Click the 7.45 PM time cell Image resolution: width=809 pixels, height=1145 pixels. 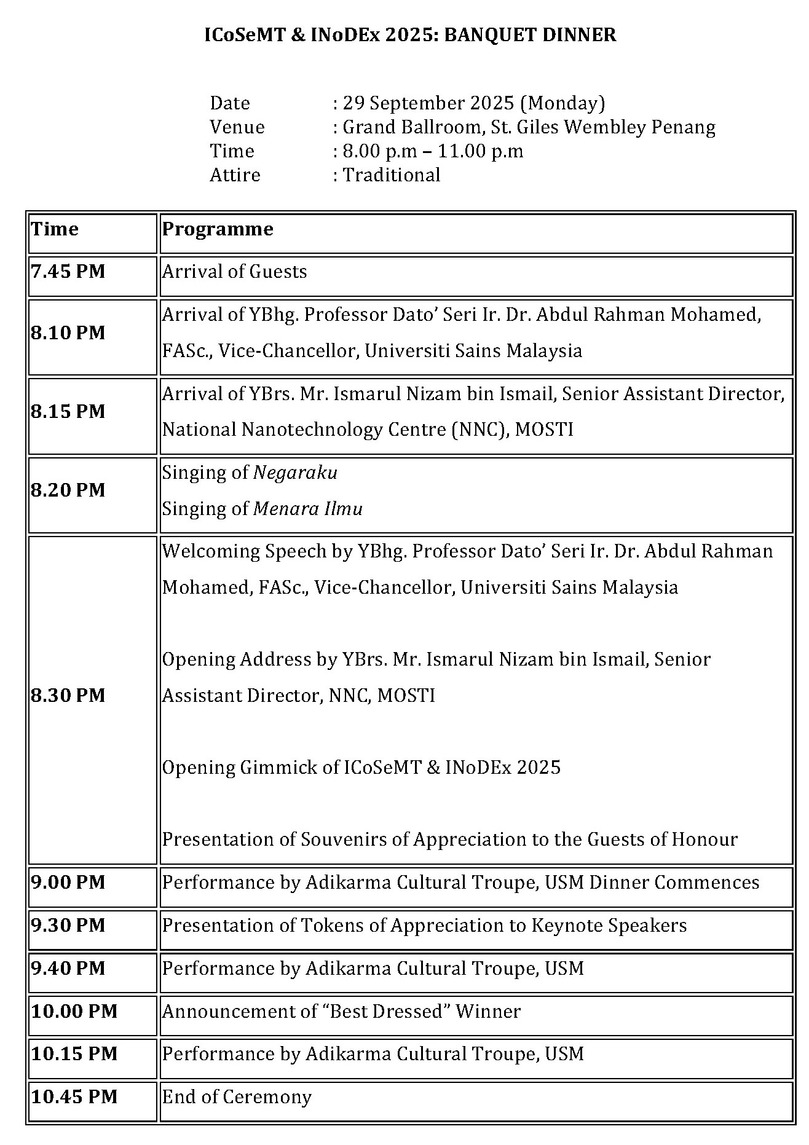[68, 272]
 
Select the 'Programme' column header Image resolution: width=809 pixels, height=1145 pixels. [218, 229]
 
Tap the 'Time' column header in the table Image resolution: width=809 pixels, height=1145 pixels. [55, 229]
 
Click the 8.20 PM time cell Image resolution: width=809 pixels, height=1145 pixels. [68, 490]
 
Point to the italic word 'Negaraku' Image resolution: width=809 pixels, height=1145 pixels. [296, 473]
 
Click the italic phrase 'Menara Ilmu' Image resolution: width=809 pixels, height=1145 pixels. [308, 509]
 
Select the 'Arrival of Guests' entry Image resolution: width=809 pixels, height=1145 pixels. [234, 272]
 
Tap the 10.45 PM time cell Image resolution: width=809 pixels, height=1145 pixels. [74, 1097]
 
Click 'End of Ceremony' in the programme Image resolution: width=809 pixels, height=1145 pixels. [237, 1097]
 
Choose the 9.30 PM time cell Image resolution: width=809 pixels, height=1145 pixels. [68, 926]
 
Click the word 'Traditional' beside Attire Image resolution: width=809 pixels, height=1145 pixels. [392, 175]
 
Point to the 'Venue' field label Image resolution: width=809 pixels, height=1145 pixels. [237, 127]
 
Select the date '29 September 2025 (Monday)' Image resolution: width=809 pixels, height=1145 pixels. [474, 103]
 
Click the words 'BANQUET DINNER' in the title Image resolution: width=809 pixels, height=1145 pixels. [530, 35]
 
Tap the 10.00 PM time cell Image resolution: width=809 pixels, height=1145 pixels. [74, 1012]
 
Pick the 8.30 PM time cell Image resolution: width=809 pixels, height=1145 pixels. [68, 696]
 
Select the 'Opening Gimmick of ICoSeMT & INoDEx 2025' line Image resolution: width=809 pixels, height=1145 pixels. [361, 768]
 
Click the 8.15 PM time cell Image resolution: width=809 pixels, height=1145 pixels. [68, 412]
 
